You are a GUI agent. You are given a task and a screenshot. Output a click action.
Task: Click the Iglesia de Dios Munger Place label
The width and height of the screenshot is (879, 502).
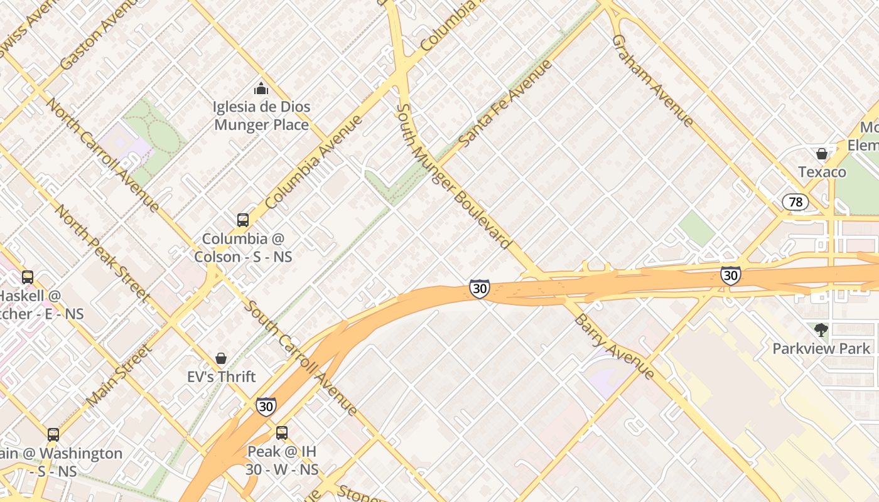coord(261,115)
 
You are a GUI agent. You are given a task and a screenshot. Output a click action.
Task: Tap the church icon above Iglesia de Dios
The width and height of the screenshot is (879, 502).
coord(261,88)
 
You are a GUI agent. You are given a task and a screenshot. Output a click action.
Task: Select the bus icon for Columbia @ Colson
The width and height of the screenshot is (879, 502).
coord(243,220)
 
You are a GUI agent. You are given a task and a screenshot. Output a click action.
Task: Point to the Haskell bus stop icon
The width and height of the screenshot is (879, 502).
coord(28,277)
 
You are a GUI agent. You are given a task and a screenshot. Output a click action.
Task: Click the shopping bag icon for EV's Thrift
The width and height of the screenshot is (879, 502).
coord(221,358)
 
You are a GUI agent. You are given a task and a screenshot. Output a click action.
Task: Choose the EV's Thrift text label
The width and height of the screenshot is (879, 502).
coord(222,376)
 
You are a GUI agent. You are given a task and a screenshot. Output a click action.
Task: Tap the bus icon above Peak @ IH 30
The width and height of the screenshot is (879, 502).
coord(282,432)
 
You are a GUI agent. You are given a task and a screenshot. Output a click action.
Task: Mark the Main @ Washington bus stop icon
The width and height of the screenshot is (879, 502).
coord(53,434)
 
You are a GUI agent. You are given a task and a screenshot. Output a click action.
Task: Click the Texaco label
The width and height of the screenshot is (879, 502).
coord(822,171)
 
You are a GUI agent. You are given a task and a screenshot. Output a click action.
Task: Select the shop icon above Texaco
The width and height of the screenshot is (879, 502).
coord(821,154)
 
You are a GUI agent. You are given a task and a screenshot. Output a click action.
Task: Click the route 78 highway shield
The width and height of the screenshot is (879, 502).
coord(795,202)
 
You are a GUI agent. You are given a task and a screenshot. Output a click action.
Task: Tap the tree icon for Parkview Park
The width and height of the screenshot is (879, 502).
coord(821,330)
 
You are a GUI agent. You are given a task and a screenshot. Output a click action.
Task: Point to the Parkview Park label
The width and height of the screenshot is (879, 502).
coord(821,348)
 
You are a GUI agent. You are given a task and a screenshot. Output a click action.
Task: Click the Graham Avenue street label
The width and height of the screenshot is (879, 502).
coord(653,80)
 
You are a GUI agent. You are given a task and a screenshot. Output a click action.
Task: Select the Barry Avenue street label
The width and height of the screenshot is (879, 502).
coord(614,346)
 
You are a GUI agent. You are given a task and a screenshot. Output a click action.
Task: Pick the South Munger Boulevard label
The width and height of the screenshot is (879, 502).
coord(452,176)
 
